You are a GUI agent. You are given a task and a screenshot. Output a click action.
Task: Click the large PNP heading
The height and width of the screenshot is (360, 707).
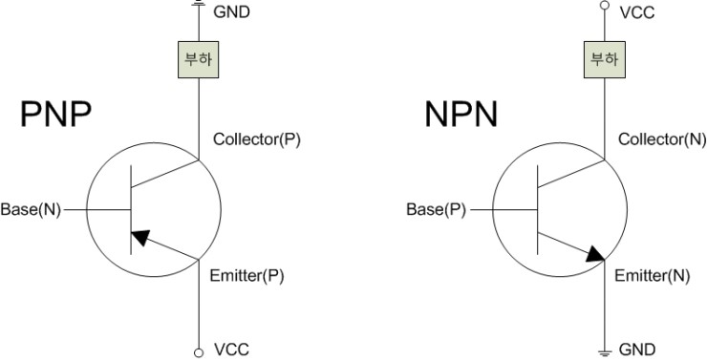tap(55, 116)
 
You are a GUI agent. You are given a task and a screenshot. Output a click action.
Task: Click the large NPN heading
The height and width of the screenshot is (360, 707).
tap(462, 116)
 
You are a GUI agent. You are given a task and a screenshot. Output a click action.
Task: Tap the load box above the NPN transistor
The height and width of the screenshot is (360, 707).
tap(603, 60)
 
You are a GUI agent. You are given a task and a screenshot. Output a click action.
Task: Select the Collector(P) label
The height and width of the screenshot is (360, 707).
tap(256, 139)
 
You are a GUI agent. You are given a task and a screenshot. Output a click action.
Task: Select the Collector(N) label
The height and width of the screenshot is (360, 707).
tap(661, 139)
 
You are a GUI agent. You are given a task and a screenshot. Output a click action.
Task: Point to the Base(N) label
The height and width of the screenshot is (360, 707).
tap(31, 209)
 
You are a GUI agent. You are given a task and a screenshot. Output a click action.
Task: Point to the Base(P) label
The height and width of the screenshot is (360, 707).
tap(436, 209)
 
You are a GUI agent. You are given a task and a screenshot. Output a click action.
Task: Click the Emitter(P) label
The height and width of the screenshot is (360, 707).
tap(246, 276)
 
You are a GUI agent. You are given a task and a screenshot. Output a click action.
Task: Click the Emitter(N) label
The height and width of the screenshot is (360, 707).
tap(653, 276)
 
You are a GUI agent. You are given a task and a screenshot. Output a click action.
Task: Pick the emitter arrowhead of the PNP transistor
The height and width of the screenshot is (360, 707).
tap(139, 237)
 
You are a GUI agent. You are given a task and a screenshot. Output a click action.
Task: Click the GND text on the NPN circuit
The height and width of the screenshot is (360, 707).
tap(637, 349)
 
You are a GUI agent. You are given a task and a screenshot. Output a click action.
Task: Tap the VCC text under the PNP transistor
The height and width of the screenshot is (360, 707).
tap(231, 349)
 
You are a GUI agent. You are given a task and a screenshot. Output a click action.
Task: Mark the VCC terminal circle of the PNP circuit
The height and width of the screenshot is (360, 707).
tap(199, 349)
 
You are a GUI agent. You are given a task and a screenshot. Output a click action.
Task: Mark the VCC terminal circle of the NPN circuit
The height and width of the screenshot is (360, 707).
tap(603, 6)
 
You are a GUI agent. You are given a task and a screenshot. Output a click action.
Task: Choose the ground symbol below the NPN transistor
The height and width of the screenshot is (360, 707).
tap(603, 349)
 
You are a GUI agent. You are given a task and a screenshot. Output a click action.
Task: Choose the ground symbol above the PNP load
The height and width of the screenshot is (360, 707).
tap(199, 4)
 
